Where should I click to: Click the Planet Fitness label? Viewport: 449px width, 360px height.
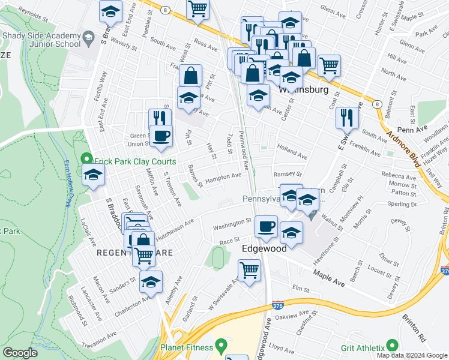186,347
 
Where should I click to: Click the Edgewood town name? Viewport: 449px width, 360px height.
261,247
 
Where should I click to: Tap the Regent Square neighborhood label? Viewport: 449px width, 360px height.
135,253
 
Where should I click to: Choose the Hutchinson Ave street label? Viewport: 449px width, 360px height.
175,230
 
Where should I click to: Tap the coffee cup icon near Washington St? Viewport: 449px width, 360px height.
266,227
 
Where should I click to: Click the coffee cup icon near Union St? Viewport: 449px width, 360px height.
161,136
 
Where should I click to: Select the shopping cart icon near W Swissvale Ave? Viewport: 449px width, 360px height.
249,269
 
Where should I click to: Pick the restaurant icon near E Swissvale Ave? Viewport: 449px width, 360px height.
347,118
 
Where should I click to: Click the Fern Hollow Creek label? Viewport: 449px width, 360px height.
67,184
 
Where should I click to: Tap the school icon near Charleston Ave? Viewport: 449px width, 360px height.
151,281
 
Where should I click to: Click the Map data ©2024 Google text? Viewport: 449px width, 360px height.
412,355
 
